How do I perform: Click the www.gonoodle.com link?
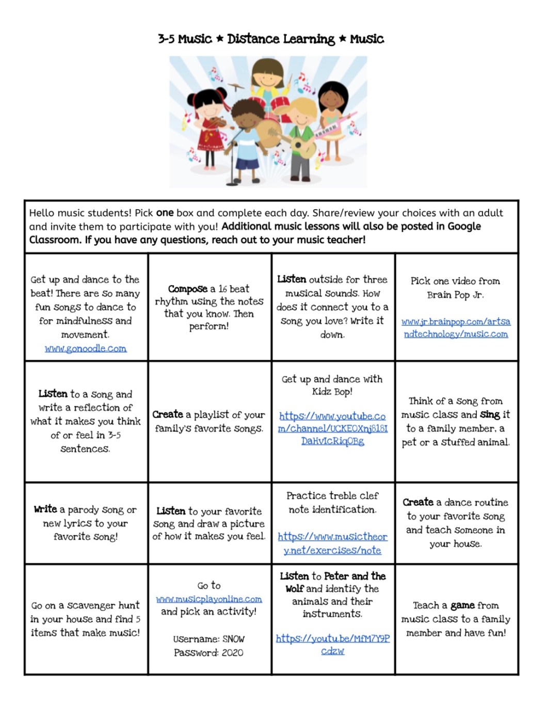click(x=86, y=349)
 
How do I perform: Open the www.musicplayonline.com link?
click(x=209, y=599)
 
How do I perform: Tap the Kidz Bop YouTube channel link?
click(x=332, y=429)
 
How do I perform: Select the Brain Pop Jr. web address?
click(x=456, y=327)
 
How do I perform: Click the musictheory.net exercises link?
click(x=332, y=543)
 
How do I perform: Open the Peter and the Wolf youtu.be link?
click(x=332, y=644)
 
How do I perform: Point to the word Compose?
click(x=188, y=289)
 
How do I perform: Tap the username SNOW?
click(x=234, y=639)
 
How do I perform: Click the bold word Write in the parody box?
click(x=45, y=509)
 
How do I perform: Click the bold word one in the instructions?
click(x=165, y=213)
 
